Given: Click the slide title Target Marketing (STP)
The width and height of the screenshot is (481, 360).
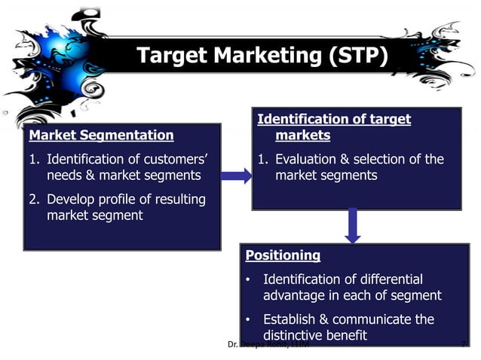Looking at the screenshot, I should coord(262,56).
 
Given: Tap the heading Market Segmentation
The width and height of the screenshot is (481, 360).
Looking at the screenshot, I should coord(100,136).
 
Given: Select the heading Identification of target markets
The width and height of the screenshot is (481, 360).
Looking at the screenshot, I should coord(334,127).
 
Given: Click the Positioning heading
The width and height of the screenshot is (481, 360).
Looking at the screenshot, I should coord(283,255).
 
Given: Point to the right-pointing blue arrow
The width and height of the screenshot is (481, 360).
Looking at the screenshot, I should coord(236,176).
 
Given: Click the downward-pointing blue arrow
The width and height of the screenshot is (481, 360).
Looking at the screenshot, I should coord(352,224).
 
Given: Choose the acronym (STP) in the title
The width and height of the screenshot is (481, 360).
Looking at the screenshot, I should coord(358,56).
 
